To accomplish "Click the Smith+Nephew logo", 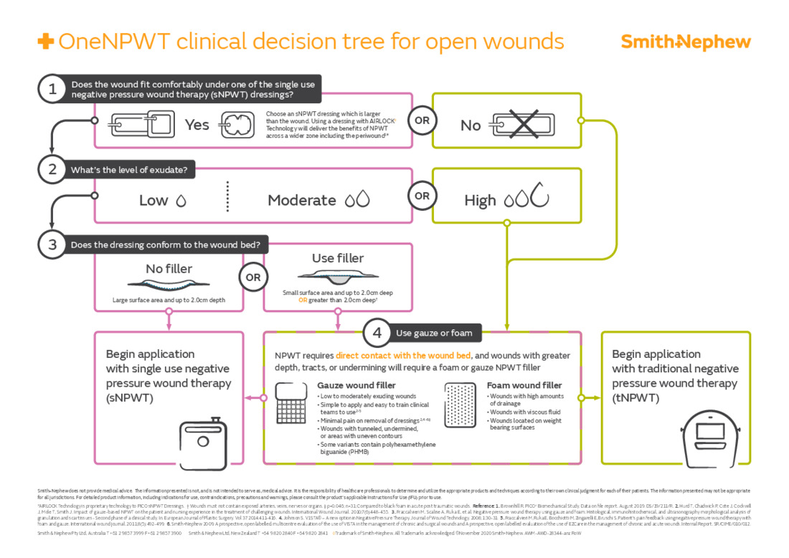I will click(685, 42).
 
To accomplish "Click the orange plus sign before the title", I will click(45, 42).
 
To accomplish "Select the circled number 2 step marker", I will click(52, 169).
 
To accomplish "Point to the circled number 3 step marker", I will click(52, 245).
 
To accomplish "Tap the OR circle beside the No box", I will click(422, 120).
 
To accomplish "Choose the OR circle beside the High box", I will click(422, 196).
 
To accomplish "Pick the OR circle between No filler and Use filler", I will click(252, 277).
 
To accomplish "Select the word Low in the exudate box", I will click(153, 201).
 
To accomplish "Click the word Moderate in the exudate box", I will click(301, 201).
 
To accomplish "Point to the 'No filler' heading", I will click(169, 269).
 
